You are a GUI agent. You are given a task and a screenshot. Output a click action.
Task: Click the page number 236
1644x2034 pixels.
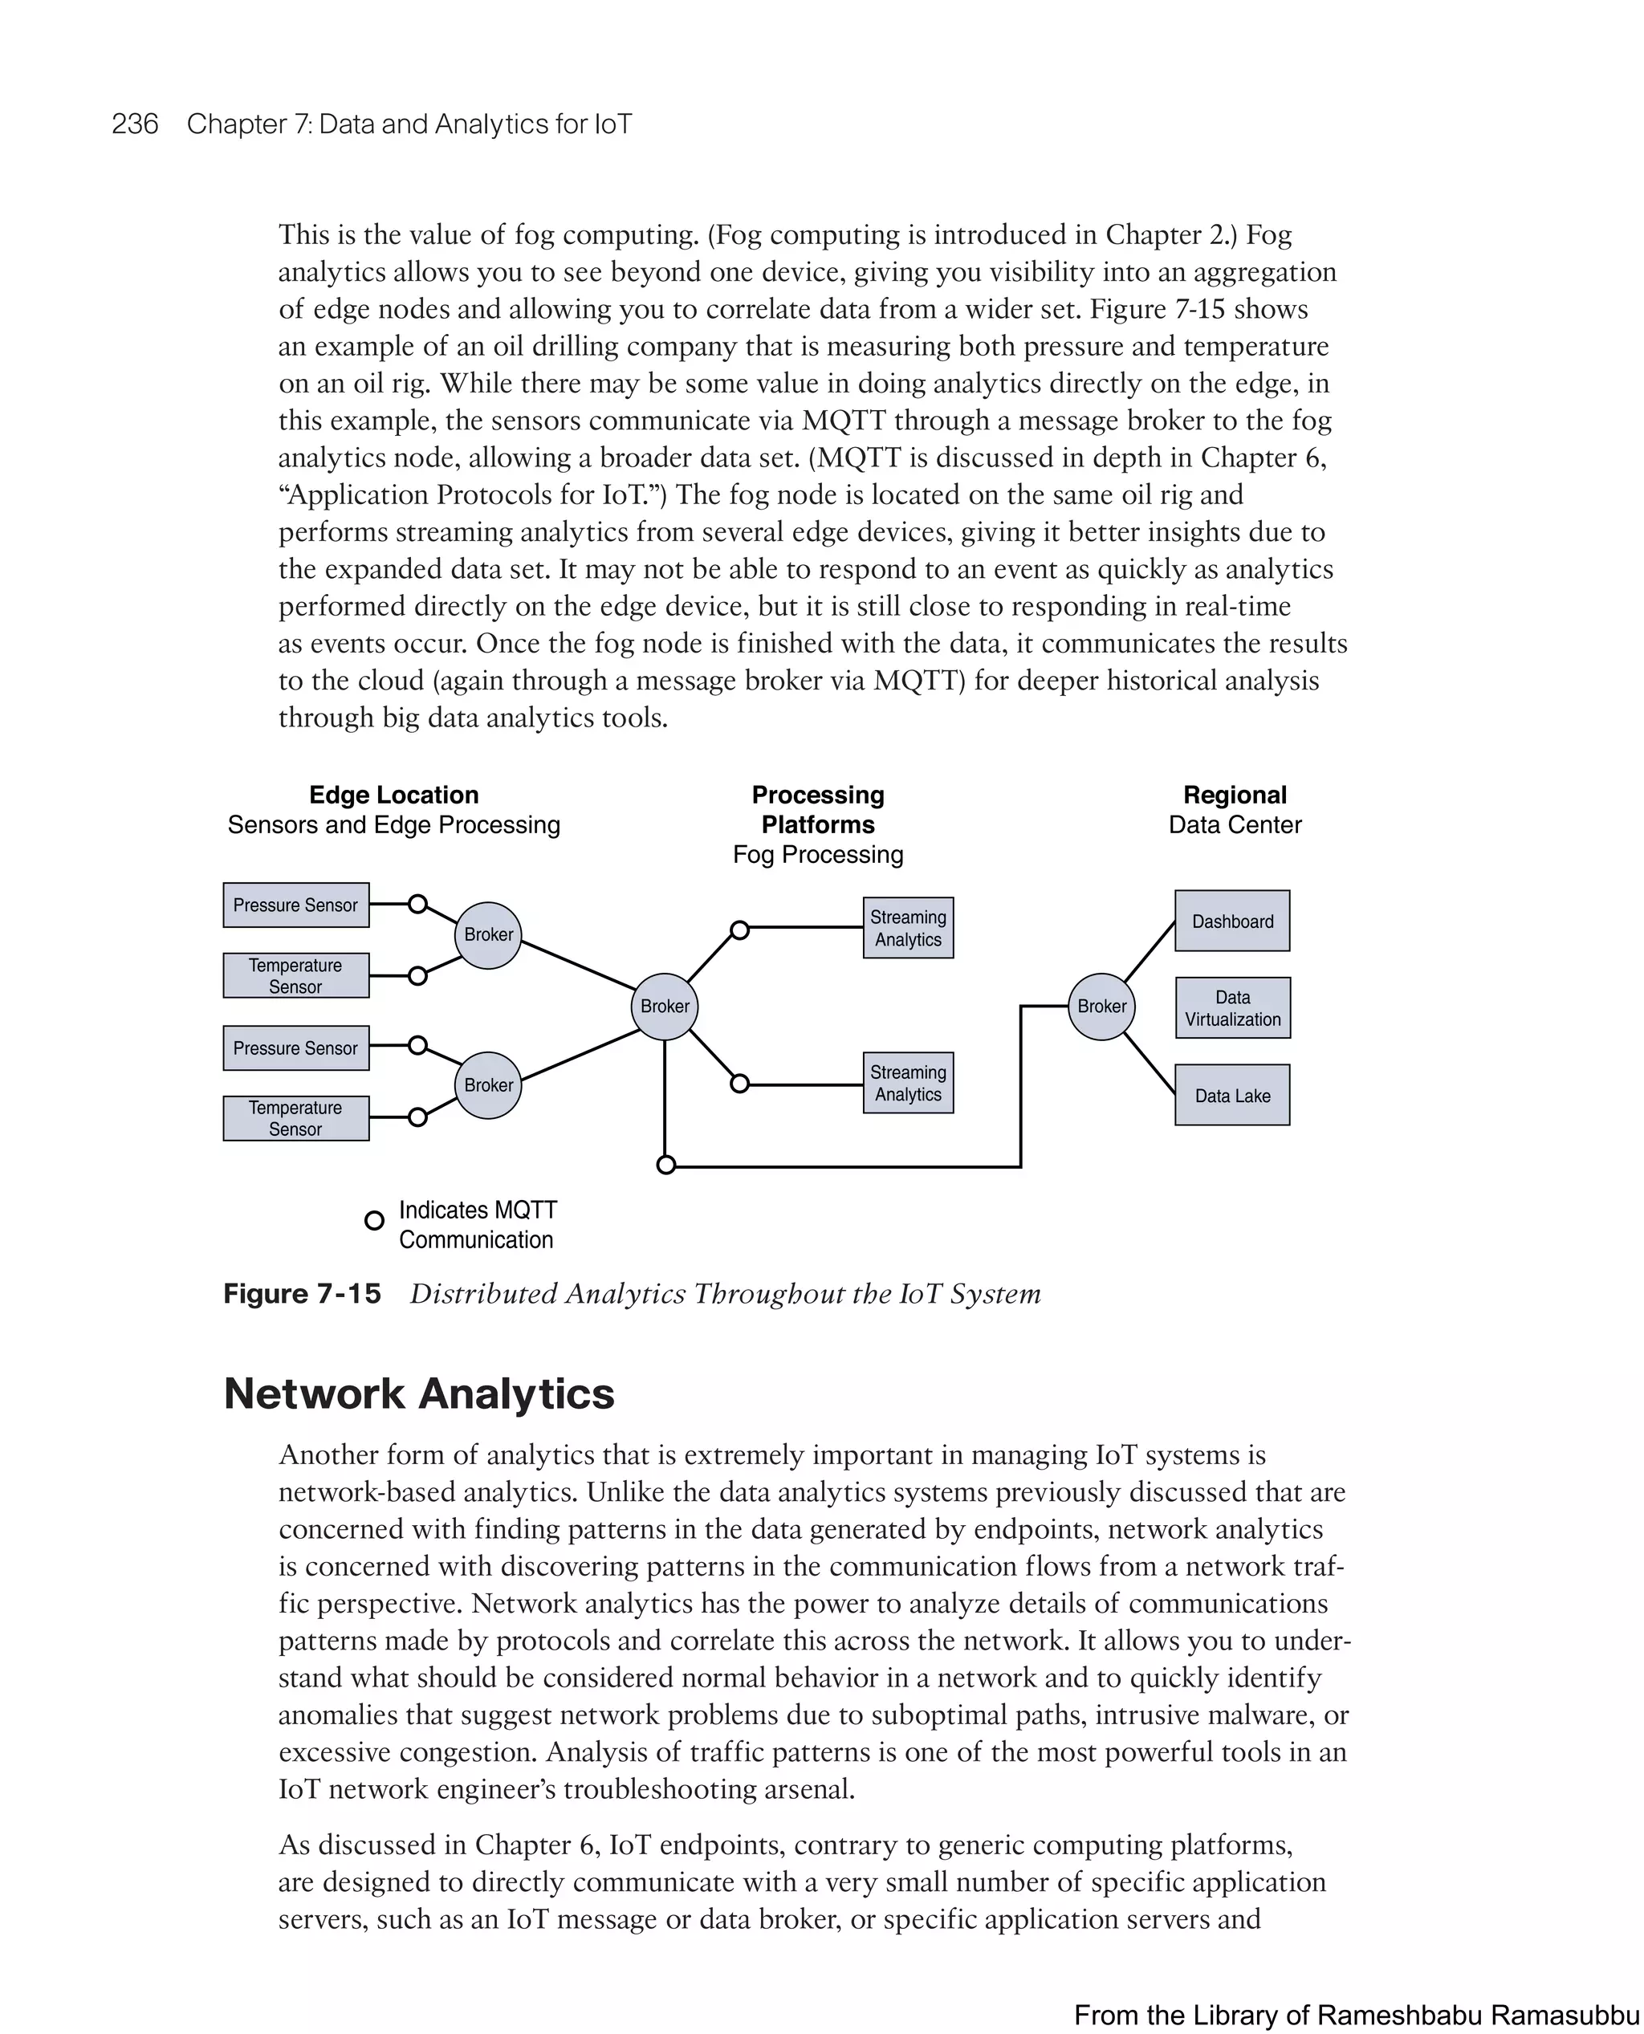click(135, 124)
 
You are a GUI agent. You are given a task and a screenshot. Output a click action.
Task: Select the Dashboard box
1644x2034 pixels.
click(1232, 921)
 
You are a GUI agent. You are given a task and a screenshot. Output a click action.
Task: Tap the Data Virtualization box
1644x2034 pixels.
click(1232, 1007)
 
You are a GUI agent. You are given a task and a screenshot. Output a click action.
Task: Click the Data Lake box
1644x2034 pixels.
click(1232, 1095)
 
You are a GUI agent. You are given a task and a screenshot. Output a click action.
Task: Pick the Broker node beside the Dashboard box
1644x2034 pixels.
click(1101, 1006)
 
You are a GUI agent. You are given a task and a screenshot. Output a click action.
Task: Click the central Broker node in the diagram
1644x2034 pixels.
click(664, 1006)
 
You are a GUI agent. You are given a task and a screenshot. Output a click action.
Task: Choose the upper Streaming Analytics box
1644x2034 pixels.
click(907, 928)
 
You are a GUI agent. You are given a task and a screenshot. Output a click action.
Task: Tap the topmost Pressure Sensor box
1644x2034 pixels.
click(295, 905)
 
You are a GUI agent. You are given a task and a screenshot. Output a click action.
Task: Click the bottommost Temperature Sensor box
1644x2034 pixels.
click(295, 1117)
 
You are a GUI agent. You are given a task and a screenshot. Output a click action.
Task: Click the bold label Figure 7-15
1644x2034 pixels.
click(301, 1293)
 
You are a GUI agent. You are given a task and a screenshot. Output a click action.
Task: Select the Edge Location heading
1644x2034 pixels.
click(393, 795)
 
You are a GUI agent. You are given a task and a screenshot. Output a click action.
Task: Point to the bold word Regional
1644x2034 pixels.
click(1234, 795)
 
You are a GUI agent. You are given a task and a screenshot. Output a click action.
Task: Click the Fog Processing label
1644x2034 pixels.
click(817, 854)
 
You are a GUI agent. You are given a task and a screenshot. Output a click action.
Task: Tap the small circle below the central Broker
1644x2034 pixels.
click(665, 1165)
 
